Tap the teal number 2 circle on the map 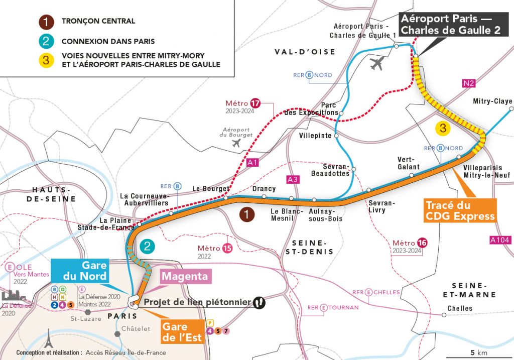146,246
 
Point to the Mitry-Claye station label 492,101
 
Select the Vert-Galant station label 408,163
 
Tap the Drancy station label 264,189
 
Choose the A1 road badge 253,163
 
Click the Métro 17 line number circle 255,104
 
